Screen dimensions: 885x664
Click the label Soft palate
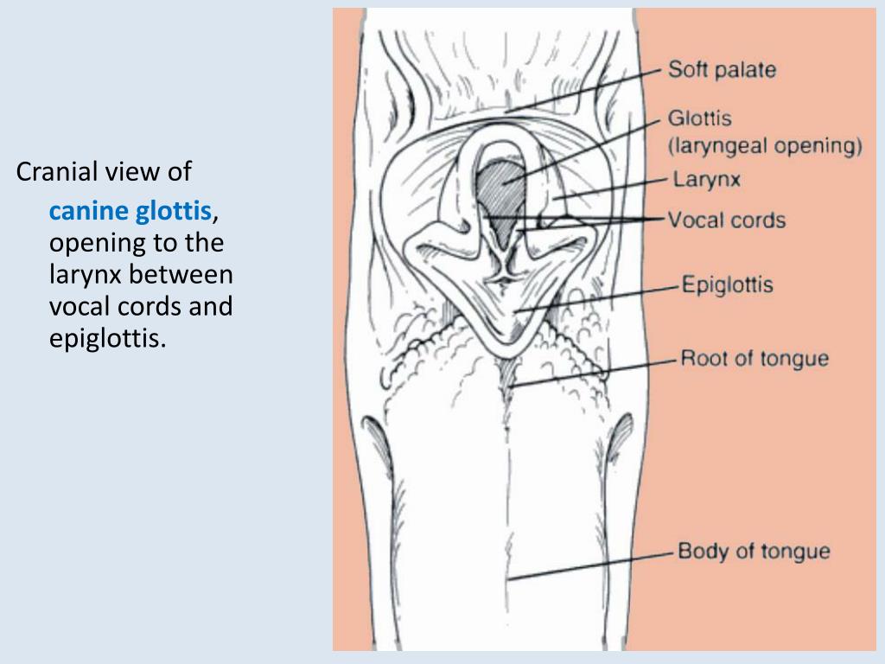722,70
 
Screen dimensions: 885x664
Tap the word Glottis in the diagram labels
700,118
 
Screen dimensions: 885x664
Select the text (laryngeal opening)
765,145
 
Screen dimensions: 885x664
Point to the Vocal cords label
727,220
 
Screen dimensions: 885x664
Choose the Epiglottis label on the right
727,284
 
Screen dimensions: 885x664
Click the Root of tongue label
754,358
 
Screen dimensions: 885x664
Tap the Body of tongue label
754,551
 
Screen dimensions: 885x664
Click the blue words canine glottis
130,211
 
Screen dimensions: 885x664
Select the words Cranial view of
104,172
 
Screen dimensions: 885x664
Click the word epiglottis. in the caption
107,338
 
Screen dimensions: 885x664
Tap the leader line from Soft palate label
588,91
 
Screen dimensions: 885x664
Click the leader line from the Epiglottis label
596,297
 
